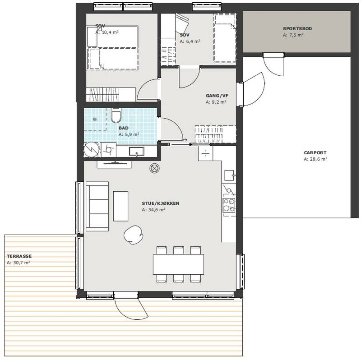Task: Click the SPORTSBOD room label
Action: click(297, 28)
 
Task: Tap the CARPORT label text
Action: click(315, 152)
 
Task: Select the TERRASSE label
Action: click(19, 256)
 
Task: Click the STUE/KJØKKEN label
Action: click(161, 203)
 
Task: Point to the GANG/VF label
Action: click(217, 96)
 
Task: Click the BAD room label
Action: click(124, 128)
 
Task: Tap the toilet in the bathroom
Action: click(116, 115)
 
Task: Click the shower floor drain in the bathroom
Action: click(95, 119)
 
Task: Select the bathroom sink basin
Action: click(137, 152)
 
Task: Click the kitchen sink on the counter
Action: click(229, 175)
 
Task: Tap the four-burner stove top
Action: click(229, 205)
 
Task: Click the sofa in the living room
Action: click(97, 206)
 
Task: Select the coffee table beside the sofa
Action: click(120, 206)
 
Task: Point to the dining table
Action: click(178, 264)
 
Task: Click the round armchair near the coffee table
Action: click(133, 234)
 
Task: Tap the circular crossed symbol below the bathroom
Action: click(154, 168)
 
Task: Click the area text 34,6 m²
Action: click(153, 210)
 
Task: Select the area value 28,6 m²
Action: click(315, 159)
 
